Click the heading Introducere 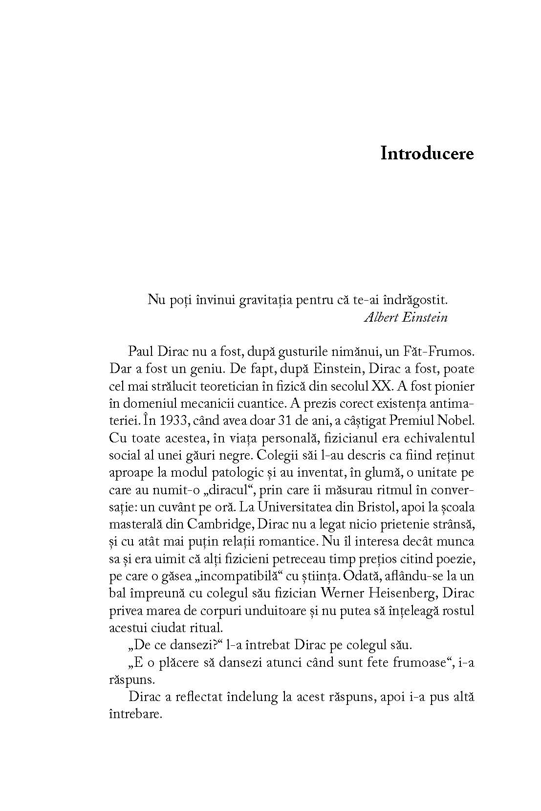pos(427,153)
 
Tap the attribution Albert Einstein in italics pos(406,317)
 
